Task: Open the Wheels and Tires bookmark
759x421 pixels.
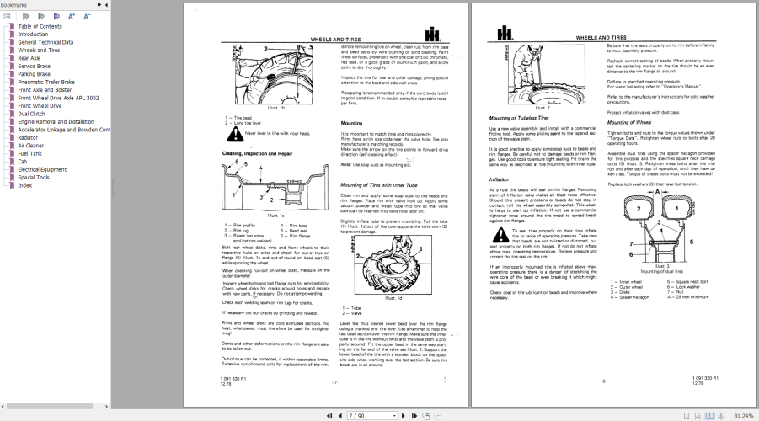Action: click(x=39, y=50)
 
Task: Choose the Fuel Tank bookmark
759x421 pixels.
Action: click(x=30, y=153)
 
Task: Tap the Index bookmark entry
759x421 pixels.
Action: click(x=26, y=185)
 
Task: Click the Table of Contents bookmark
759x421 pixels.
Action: click(x=40, y=26)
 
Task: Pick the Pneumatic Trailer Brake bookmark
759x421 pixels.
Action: click(x=45, y=82)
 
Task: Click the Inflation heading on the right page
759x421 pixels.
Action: click(x=499, y=179)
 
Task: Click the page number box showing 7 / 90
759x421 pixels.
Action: click(x=359, y=415)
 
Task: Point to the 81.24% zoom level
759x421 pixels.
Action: click(x=744, y=415)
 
